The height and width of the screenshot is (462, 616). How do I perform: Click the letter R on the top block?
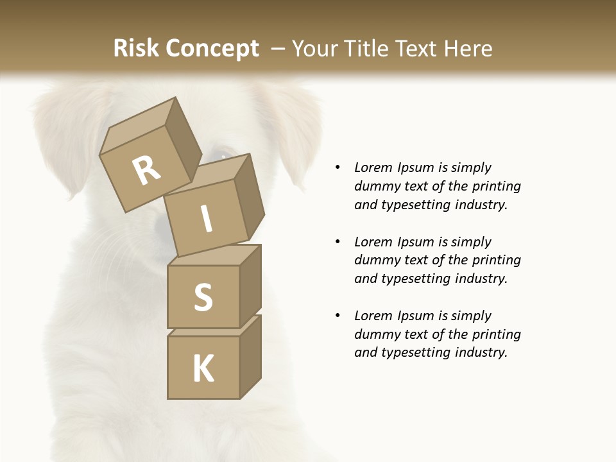click(x=146, y=171)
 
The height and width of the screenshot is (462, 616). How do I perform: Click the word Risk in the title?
click(x=137, y=48)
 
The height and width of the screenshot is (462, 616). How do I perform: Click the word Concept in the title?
click(x=212, y=49)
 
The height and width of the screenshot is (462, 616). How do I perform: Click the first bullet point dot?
click(x=338, y=168)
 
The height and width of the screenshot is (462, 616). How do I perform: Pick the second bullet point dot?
click(x=338, y=242)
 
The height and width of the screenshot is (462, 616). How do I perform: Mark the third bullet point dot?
click(x=338, y=316)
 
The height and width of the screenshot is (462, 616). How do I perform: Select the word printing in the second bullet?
click(x=495, y=261)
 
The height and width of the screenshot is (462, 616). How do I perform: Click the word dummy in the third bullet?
click(x=375, y=334)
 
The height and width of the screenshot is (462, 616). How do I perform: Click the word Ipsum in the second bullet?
click(x=417, y=242)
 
